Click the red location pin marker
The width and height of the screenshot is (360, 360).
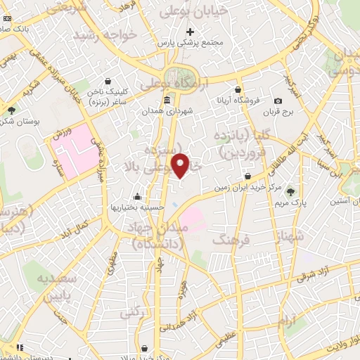pyautogui.click(x=181, y=165)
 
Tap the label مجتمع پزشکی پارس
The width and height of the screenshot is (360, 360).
pyautogui.click(x=190, y=43)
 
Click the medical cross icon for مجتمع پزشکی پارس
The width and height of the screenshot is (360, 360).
pyautogui.click(x=190, y=31)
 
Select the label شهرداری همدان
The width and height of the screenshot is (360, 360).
pyautogui.click(x=167, y=111)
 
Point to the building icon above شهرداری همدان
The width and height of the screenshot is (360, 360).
pyautogui.click(x=167, y=100)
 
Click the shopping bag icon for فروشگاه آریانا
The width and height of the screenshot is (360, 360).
pyautogui.click(x=238, y=91)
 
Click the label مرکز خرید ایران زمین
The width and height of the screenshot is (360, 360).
pyautogui.click(x=249, y=187)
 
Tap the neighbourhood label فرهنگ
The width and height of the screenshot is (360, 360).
pyautogui.click(x=235, y=240)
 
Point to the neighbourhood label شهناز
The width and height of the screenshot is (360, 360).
pyautogui.click(x=292, y=236)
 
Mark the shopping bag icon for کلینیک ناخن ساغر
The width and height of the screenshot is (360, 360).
pyautogui.click(x=108, y=81)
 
